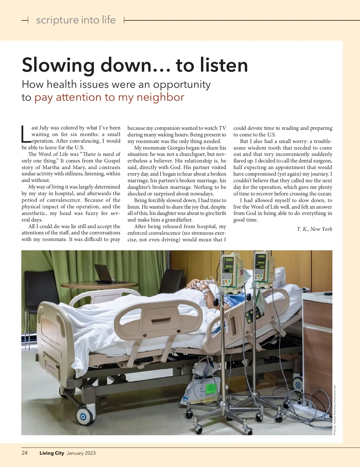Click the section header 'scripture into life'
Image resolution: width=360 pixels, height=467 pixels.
76,20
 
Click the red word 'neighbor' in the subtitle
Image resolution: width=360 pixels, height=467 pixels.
160,97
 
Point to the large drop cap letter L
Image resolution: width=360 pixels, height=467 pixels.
26,134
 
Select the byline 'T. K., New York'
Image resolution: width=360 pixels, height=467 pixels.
314,229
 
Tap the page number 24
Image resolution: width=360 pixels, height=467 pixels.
25,453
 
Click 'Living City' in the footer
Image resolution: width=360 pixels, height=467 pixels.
52,453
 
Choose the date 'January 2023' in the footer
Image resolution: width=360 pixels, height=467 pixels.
81,453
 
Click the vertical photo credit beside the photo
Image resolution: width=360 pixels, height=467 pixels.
335,410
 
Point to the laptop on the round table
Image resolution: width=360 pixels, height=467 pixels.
103,273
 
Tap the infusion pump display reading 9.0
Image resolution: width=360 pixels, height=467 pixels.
231,271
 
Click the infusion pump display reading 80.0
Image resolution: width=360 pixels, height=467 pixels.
262,266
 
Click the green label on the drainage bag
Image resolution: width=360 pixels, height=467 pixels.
211,388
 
